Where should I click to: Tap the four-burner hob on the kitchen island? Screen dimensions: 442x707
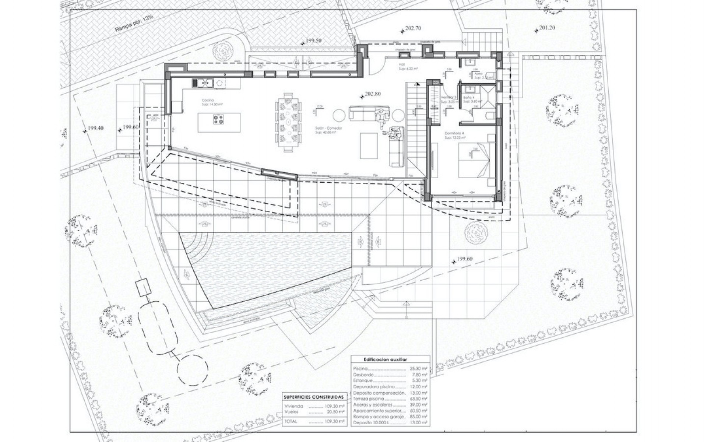[218, 119]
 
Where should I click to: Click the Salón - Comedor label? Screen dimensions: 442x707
[329, 128]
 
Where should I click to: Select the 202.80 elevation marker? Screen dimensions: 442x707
[372, 94]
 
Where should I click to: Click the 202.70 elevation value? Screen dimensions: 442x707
[413, 28]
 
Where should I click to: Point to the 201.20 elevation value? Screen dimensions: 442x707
[547, 28]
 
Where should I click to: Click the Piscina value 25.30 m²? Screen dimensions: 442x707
[418, 369]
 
